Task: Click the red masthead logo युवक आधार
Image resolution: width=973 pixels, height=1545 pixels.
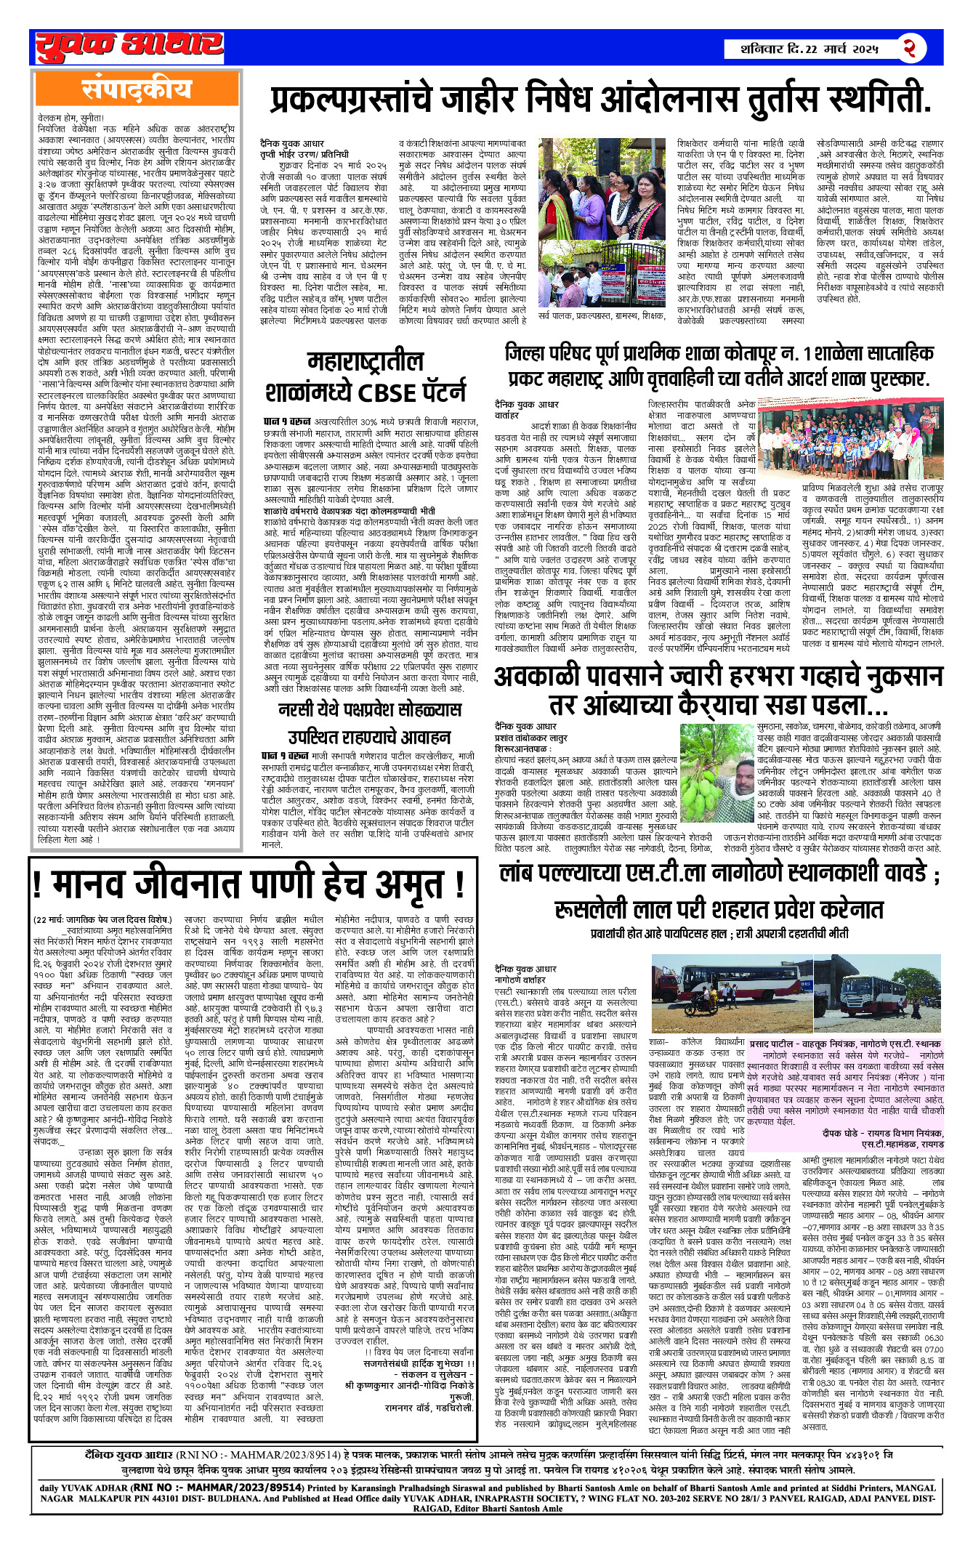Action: coord(129,47)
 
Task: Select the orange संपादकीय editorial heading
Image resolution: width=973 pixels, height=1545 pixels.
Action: coord(137,88)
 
